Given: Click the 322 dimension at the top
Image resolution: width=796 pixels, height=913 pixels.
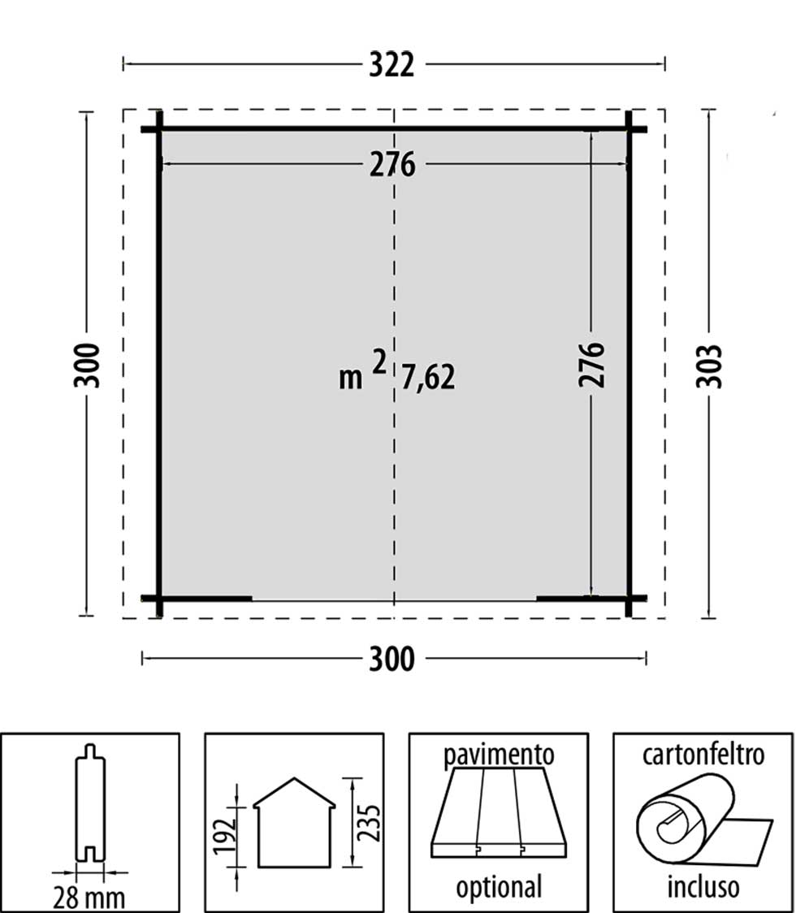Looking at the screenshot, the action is pos(392,65).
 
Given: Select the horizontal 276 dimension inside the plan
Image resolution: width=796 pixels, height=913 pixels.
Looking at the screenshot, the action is pos(392,165).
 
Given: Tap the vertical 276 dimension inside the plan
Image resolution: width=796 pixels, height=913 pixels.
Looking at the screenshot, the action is pos(591,365).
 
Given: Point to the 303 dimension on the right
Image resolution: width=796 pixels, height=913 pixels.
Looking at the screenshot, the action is pos(709,366).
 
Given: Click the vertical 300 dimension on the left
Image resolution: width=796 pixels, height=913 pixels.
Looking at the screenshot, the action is pos(87,365).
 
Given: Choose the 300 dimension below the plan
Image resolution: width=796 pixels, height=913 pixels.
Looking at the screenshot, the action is pos(392,659).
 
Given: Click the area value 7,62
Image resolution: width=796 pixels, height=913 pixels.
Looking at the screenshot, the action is pos(428,378).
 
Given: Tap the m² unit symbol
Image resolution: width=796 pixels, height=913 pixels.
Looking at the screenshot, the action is pos(363,371).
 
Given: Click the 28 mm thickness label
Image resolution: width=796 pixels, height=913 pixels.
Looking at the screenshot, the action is pos(89,898).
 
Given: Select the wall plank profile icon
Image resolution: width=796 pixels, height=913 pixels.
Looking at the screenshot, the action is pos(90,803).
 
